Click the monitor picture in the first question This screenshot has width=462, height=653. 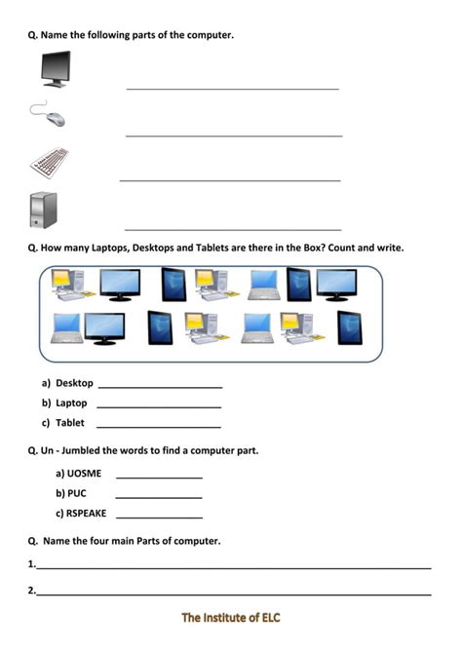point(56,69)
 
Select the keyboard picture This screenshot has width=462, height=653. point(49,162)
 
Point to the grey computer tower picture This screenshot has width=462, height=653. point(44,210)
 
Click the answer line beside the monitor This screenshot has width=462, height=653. point(232,89)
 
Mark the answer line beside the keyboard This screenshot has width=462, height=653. point(230,180)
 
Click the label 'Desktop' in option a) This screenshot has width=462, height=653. point(74,383)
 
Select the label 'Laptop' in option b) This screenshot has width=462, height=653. point(71,403)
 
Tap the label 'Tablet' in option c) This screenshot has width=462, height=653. point(70,423)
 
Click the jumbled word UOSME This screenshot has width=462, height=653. point(84,474)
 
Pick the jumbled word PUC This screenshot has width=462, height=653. point(77,493)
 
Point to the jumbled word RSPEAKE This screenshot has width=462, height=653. point(87,513)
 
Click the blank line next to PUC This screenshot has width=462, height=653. point(159,498)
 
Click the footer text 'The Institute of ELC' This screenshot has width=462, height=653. point(231,618)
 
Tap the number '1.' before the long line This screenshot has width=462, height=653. point(32,563)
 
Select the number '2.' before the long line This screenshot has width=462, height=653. point(32,590)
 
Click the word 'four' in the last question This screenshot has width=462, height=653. point(109,540)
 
